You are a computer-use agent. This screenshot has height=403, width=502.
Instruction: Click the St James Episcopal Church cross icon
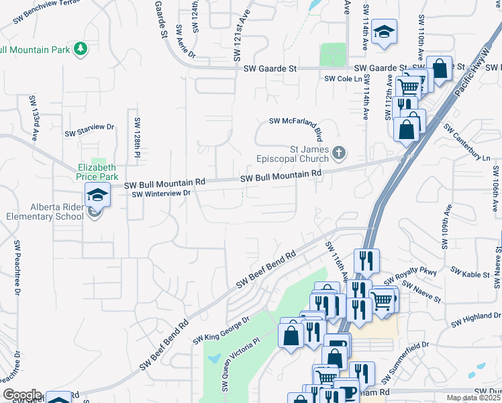click(x=340, y=154)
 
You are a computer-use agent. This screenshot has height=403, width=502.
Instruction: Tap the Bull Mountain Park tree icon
click(x=81, y=48)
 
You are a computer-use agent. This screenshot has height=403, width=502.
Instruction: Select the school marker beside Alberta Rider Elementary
click(x=97, y=195)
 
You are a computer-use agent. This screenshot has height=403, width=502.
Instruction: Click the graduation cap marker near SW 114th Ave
click(x=385, y=32)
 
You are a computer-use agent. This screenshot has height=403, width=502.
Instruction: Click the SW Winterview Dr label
click(x=162, y=194)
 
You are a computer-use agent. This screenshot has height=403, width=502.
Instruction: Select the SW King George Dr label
click(x=221, y=330)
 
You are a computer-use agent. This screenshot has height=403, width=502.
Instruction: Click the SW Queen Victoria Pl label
click(x=240, y=363)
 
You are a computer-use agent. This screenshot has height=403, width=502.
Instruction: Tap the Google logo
click(x=21, y=395)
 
